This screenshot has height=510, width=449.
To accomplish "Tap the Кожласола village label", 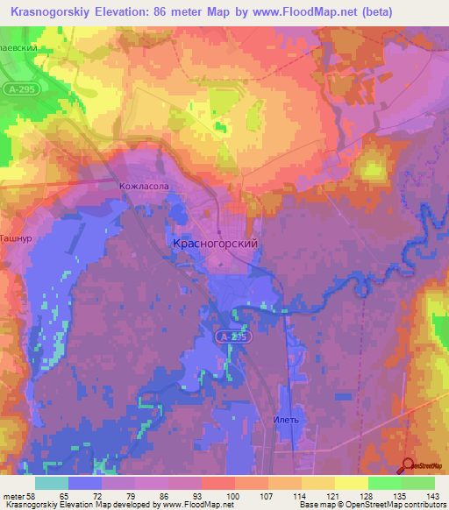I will (143, 187).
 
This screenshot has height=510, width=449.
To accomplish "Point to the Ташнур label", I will (16, 237).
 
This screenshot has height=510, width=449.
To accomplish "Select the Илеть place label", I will (286, 420).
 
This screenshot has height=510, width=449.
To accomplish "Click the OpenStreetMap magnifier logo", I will (409, 464).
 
